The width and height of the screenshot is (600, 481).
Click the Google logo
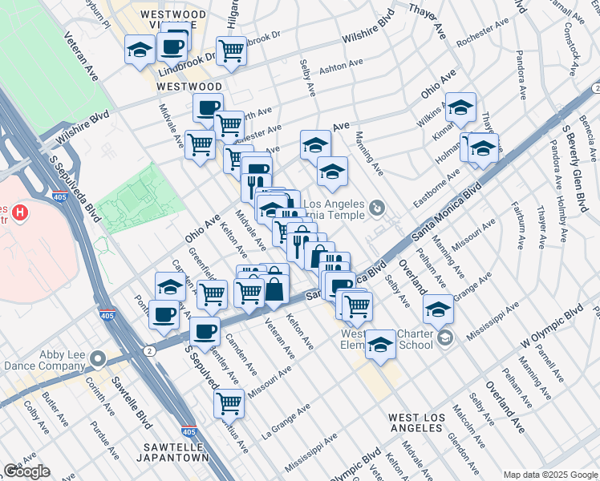(26, 471)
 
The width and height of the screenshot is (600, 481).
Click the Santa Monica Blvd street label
(447, 211)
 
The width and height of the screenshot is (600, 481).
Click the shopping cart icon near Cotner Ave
(229, 403)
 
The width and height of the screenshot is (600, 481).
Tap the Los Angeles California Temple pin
(378, 208)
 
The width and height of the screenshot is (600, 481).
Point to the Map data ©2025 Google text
(550, 474)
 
